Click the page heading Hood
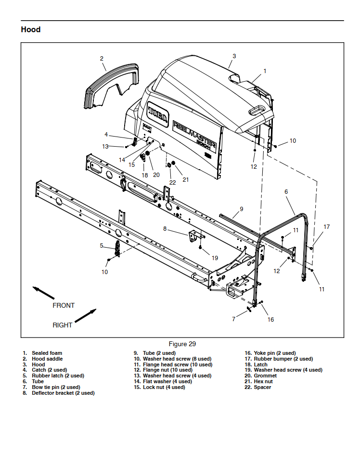pyautogui.click(x=31, y=29)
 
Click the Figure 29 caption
pyautogui.click(x=182, y=344)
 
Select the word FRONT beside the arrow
pyautogui.click(x=64, y=305)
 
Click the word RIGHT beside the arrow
pyautogui.click(x=63, y=325)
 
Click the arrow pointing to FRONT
pyautogui.click(x=43, y=293)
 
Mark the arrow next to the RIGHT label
pyautogui.click(x=86, y=316)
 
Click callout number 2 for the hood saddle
pyautogui.click(x=102, y=59)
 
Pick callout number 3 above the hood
pyautogui.click(x=234, y=56)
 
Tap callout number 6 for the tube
pyautogui.click(x=286, y=191)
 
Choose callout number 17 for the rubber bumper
pyautogui.click(x=327, y=226)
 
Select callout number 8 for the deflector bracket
pyautogui.click(x=165, y=229)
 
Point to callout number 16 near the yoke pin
pyautogui.click(x=270, y=319)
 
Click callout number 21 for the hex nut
pyautogui.click(x=186, y=180)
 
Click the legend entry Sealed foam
pyautogui.click(x=47, y=353)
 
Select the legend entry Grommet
pyautogui.click(x=265, y=376)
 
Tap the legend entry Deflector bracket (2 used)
pyautogui.click(x=63, y=393)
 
